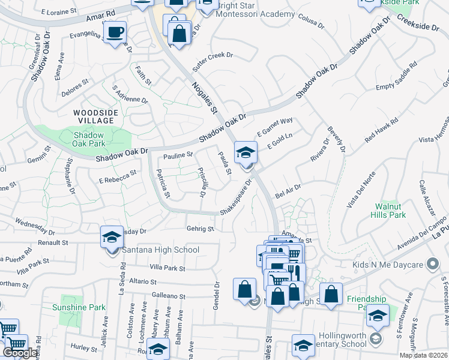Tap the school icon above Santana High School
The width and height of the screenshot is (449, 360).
(x=112, y=238)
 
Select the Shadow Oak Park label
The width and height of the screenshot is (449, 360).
(x=89, y=139)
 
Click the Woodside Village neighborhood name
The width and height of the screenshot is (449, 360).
(x=94, y=116)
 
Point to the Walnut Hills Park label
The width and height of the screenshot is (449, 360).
(x=389, y=210)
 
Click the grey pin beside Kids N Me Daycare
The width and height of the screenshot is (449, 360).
(x=431, y=264)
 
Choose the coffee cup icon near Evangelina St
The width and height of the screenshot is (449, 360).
(x=114, y=32)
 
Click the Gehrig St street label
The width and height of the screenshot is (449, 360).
(x=200, y=229)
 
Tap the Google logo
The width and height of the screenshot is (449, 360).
(x=20, y=353)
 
